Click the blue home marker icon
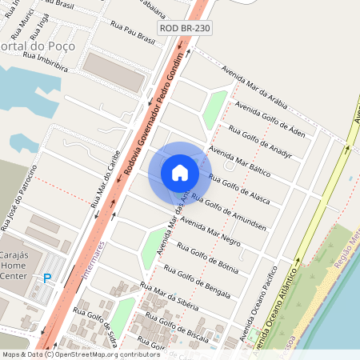180,172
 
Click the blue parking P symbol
47,278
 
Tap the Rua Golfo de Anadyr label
261,140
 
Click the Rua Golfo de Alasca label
238,188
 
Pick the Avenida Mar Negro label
210,230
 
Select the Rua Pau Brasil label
133,33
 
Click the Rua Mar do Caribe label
105,178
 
